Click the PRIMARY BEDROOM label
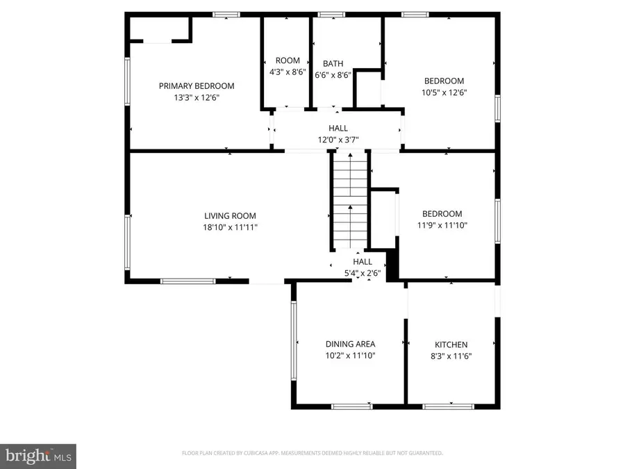click(x=197, y=86)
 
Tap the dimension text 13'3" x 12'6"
click(x=197, y=98)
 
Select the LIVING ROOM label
click(x=227, y=215)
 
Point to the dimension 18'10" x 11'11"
click(x=227, y=227)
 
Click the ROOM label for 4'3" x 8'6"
click(x=287, y=60)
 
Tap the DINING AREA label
click(x=351, y=344)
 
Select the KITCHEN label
click(x=451, y=345)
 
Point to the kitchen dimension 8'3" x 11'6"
click(x=451, y=356)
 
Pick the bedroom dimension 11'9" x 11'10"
click(x=442, y=225)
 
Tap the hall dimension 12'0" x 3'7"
click(x=338, y=140)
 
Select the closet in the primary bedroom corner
click(x=160, y=30)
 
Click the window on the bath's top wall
click(x=331, y=14)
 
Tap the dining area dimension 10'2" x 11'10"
click(x=351, y=356)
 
